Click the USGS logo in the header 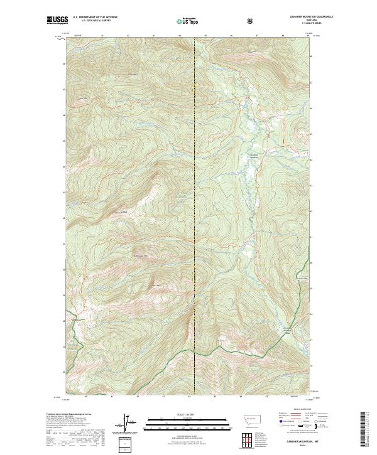[x=58, y=21]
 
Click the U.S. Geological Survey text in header [x=89, y=22]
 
